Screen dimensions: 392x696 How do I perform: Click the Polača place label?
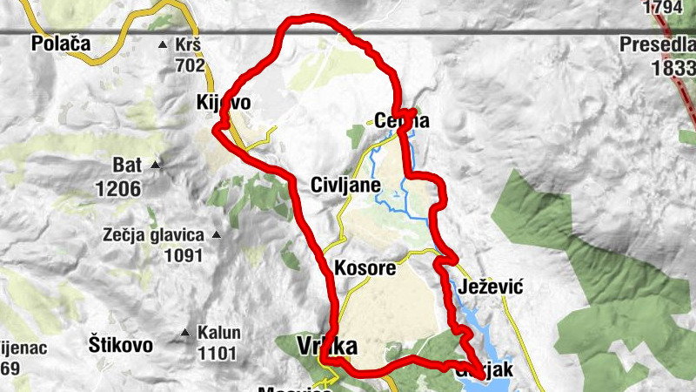(60, 43)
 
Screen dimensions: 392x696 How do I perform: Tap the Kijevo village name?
(224, 104)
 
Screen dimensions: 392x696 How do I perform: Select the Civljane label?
(345, 185)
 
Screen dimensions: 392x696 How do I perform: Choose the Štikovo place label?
(121, 343)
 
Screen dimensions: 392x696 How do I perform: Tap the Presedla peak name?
(658, 43)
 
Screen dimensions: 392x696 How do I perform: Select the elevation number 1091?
(183, 256)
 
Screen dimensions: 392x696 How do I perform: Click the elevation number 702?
(189, 64)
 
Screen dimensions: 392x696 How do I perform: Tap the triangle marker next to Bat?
(156, 164)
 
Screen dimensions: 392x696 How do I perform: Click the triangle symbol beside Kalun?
(184, 332)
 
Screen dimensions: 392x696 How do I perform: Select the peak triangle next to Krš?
(162, 44)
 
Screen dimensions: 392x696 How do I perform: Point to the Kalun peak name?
(217, 332)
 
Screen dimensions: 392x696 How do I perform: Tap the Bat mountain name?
(126, 164)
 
